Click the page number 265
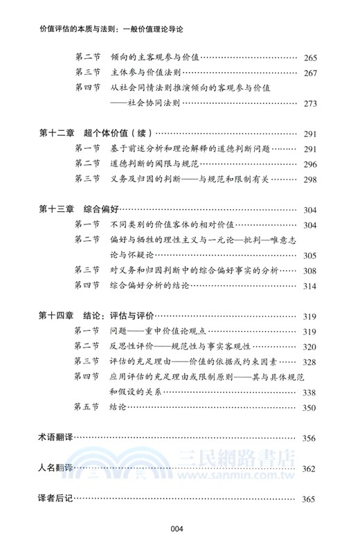pyautogui.click(x=309, y=59)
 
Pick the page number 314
pyautogui.click(x=309, y=286)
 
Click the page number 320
pyautogui.click(x=309, y=347)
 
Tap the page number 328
pyautogui.click(x=309, y=362)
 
